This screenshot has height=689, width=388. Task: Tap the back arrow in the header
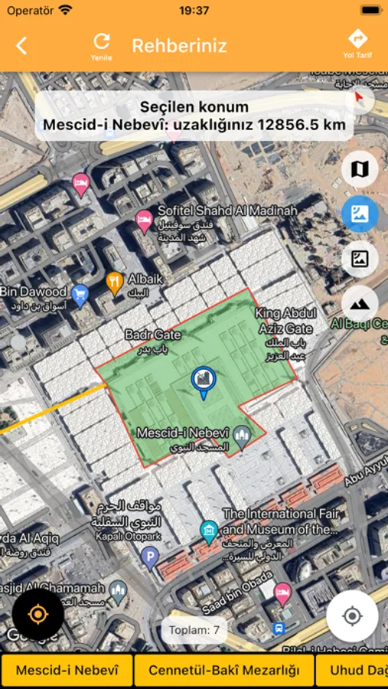[x=21, y=45]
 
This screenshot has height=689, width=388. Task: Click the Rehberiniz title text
[x=179, y=45]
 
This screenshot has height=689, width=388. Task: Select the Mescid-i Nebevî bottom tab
[x=67, y=671]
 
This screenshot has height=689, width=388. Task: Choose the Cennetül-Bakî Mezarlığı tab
[x=224, y=671]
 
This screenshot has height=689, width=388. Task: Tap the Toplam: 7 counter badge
[x=194, y=630]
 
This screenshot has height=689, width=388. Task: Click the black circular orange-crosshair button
[x=37, y=614]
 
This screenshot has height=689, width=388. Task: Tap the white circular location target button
[x=352, y=616]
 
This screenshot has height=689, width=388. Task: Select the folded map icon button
[x=359, y=169]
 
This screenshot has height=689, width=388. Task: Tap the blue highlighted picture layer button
[x=359, y=214]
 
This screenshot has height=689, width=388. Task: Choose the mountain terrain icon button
[x=359, y=303]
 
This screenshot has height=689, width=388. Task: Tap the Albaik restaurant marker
[x=115, y=283]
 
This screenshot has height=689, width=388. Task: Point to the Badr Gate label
[x=153, y=335]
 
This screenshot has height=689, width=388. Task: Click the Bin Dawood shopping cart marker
[x=80, y=292]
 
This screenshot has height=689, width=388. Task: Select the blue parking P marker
[x=149, y=556]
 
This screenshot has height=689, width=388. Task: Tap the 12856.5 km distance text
[x=302, y=124]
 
